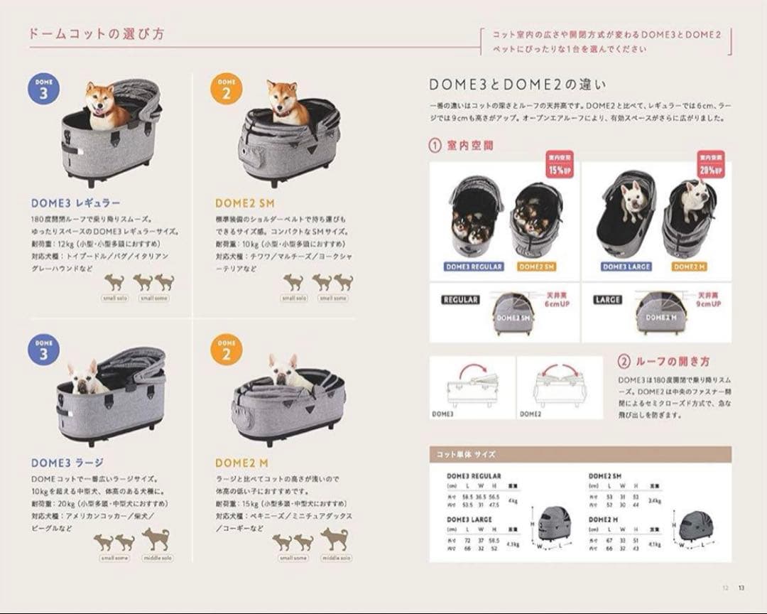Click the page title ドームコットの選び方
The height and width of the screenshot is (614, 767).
point(97,33)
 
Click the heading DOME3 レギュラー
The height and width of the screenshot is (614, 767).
point(75,203)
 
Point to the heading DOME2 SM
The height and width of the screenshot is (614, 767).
point(244,203)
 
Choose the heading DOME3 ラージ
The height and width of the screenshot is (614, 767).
point(67,463)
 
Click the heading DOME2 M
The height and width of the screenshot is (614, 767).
point(239,463)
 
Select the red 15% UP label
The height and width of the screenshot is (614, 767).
point(560,166)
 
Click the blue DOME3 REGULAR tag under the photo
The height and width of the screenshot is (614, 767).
point(474,267)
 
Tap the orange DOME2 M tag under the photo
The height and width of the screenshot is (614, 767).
point(688,267)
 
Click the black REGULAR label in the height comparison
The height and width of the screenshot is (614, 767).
point(459,300)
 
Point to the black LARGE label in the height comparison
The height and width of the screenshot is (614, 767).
point(608,300)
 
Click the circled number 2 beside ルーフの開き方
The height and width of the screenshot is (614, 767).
point(624,361)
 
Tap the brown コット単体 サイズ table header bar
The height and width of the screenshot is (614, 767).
point(580,453)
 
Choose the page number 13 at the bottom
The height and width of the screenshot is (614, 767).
point(741,587)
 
